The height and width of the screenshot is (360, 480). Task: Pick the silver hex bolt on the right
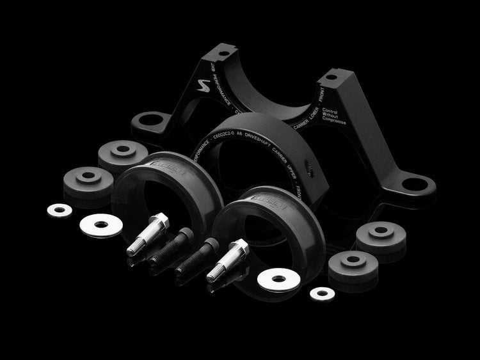point(228,259)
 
